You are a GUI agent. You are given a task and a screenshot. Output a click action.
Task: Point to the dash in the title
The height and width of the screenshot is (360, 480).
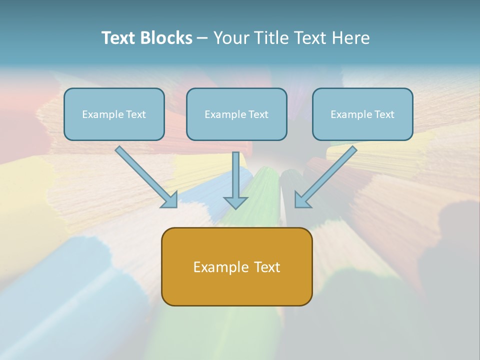coord(202,38)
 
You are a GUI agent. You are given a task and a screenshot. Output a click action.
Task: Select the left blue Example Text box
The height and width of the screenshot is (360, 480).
coord(114,114)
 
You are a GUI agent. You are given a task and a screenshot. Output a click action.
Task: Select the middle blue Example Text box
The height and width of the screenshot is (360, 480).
coord(236,114)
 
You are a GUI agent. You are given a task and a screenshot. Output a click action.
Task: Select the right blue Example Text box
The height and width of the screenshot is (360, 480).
coord(362,114)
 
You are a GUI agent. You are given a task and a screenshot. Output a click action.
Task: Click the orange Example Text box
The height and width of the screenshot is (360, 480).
coord(236,266)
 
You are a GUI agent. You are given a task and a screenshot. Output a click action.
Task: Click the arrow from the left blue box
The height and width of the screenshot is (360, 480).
coord(145,176)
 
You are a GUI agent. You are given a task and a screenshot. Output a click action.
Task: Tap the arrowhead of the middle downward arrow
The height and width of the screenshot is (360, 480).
coord(235,202)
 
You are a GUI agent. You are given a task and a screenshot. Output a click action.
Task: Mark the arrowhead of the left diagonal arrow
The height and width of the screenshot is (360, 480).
coord(170,200)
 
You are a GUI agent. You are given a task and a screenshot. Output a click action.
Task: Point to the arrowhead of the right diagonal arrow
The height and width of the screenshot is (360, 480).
coord(302,200)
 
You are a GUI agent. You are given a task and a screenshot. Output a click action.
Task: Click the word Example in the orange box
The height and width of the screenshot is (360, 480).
coord(220,267)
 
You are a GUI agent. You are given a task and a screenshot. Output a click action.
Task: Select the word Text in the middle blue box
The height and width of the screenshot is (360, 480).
coord(258,114)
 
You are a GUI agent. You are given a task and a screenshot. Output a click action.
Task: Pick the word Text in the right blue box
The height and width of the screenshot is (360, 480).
coord(384,114)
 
